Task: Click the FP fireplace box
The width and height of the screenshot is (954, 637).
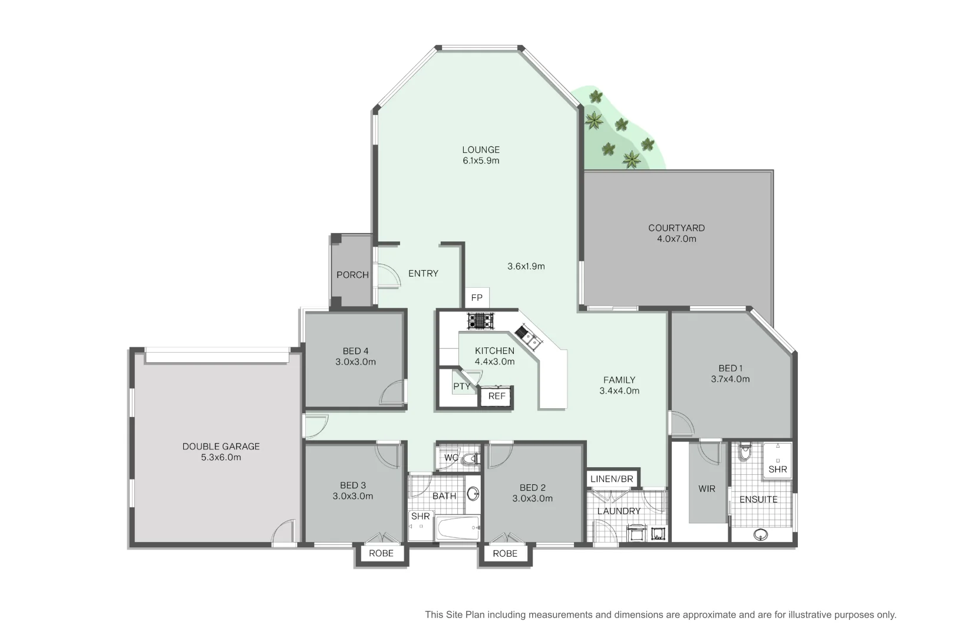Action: (477, 298)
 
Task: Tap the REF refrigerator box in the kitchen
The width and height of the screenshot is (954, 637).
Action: (497, 396)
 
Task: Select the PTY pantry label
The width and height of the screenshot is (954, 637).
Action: (461, 386)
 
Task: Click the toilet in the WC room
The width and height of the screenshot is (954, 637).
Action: (470, 458)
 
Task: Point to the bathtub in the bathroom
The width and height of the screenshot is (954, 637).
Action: (457, 528)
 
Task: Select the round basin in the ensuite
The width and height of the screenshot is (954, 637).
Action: (761, 534)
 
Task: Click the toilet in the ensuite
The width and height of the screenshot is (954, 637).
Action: (745, 452)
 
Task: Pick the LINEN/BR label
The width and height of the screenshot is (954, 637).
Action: (612, 479)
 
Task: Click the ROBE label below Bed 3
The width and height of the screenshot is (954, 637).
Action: (381, 554)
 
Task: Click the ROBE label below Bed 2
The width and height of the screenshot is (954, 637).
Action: (505, 554)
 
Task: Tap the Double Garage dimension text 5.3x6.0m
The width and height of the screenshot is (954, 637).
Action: (220, 457)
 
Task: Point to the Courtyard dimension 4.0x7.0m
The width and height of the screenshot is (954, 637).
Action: (676, 239)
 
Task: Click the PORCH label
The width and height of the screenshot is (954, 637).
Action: (352, 275)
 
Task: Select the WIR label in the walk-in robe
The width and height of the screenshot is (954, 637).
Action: (707, 488)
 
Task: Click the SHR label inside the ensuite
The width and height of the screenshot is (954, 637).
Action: (777, 469)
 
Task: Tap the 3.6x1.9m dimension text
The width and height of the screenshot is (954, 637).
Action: (526, 266)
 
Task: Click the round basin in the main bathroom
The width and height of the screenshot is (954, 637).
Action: (473, 493)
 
